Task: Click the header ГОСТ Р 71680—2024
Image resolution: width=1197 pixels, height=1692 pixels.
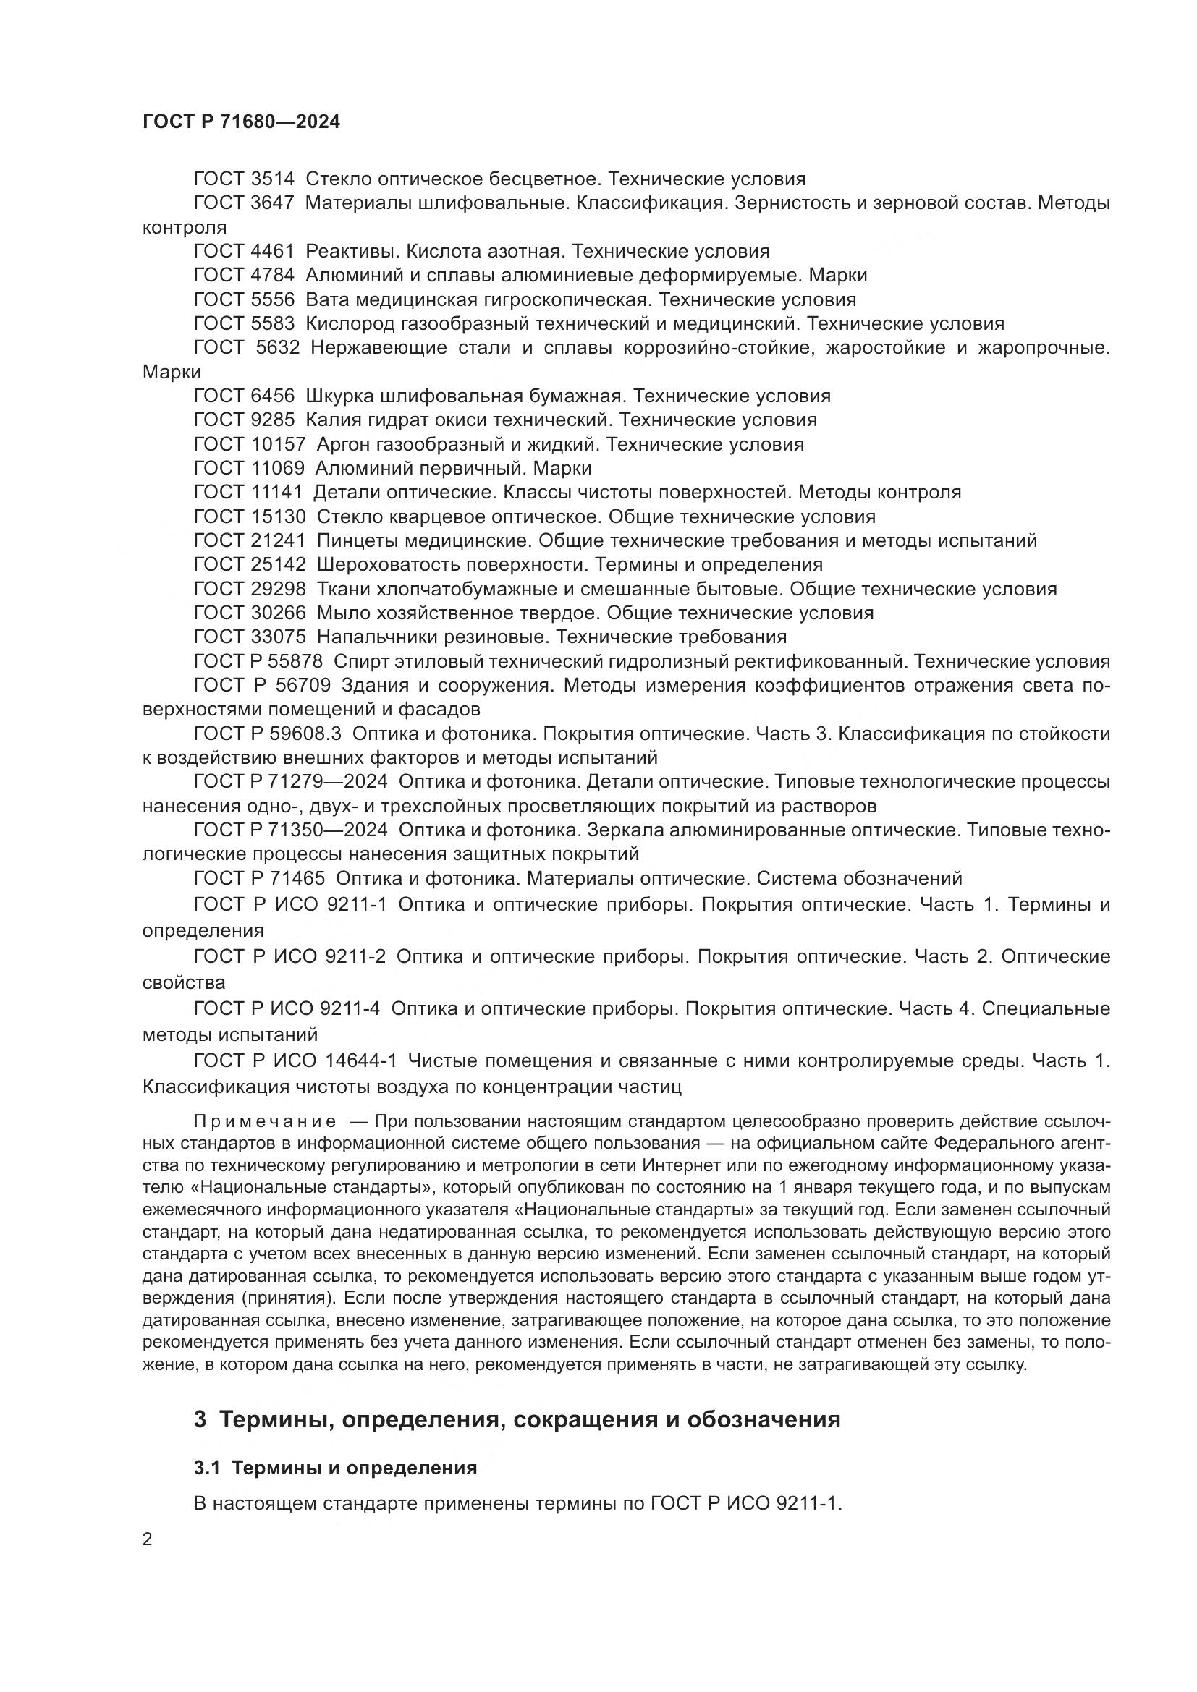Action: coord(241,122)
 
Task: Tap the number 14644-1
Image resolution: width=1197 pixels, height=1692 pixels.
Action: coord(360,1061)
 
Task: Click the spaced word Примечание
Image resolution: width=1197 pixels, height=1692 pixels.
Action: coord(265,1122)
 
